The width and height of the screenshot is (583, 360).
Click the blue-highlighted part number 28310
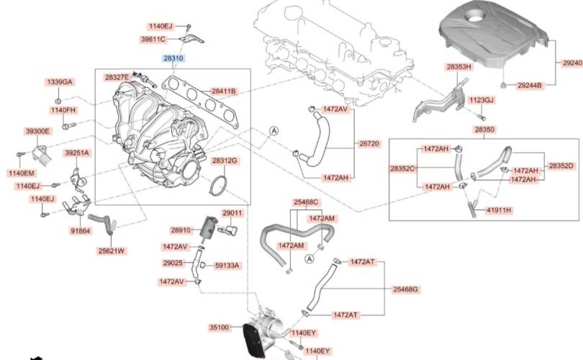173,58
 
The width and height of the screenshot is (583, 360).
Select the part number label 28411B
223,91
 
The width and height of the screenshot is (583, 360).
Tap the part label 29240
573,63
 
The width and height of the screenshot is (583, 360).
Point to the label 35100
220,328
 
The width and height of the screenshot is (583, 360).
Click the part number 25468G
405,289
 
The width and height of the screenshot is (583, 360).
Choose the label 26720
369,143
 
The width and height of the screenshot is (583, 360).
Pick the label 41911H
499,210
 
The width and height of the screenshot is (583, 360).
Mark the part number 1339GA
60,82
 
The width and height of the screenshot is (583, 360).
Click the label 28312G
225,161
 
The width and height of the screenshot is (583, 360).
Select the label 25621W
111,251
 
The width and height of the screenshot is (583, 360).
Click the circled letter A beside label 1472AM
309,259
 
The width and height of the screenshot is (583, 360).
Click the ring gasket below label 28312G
219,185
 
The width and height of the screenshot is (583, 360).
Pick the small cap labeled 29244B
503,85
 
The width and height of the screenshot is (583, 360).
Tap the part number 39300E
37,131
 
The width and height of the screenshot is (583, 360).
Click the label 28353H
459,67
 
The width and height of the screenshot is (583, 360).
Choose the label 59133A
227,266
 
